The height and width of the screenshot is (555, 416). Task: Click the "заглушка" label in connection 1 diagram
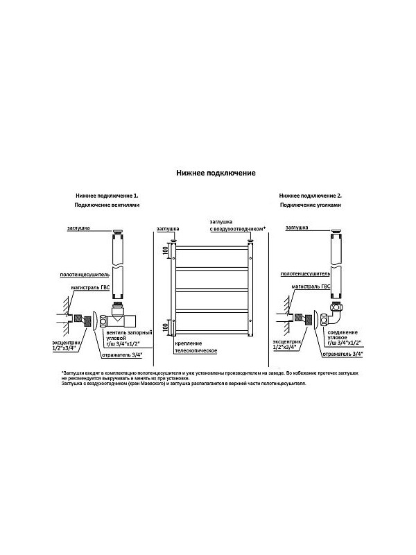point(82,227)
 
